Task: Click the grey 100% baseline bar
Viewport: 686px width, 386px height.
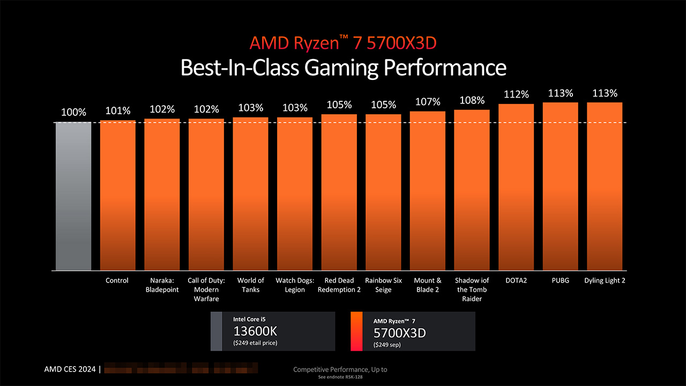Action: (73, 196)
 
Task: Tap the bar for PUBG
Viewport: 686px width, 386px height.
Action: (560, 186)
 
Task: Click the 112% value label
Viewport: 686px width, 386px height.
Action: (516, 94)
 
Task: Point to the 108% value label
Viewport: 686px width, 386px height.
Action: (472, 100)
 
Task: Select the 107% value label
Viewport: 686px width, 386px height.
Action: (428, 102)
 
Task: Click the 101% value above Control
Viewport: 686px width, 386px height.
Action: (118, 111)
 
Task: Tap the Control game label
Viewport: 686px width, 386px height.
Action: (117, 280)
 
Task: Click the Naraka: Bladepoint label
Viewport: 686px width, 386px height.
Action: (162, 285)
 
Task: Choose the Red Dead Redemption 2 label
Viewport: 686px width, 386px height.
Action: (339, 285)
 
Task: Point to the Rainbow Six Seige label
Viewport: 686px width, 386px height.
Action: (383, 285)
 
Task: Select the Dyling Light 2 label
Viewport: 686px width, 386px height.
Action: (605, 280)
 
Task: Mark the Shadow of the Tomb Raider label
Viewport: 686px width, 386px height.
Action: (472, 289)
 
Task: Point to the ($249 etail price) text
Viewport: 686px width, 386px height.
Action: (256, 343)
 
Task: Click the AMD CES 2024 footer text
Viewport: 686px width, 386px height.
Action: (70, 369)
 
